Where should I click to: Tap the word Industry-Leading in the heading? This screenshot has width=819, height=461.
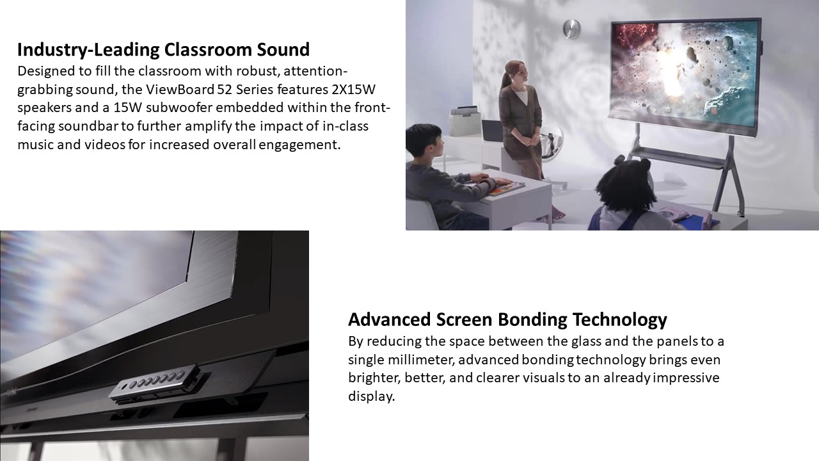tap(88, 50)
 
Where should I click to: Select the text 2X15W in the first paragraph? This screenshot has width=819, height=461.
tap(354, 89)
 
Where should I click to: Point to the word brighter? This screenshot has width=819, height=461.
tap(374, 378)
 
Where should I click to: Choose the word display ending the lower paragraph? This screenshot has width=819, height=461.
tap(371, 396)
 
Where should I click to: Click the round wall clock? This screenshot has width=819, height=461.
tap(571, 29)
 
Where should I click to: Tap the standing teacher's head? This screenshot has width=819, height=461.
tap(516, 74)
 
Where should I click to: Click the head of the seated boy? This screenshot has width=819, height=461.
tap(424, 141)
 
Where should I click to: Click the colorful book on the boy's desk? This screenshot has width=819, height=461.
tap(506, 189)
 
